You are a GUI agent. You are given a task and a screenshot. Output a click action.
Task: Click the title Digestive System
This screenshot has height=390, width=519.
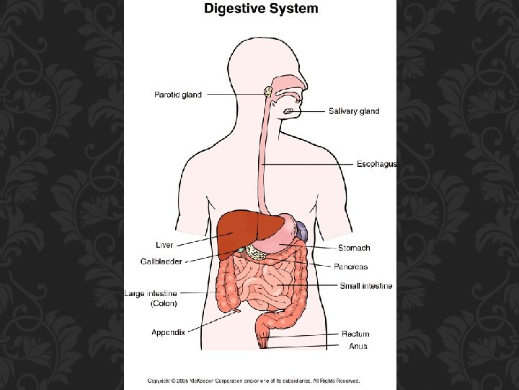click(260, 9)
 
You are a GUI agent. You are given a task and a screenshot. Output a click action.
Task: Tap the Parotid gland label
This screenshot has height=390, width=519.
click(178, 95)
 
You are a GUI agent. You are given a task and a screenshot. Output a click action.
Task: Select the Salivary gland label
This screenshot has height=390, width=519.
click(353, 111)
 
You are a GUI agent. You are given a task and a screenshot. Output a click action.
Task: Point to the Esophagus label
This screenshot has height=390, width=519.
click(376, 165)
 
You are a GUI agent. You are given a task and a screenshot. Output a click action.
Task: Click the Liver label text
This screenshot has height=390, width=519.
click(164, 245)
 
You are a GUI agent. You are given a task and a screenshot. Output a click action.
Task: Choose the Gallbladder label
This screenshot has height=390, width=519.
click(161, 261)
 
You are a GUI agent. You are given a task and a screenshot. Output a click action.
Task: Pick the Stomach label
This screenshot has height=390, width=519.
click(355, 248)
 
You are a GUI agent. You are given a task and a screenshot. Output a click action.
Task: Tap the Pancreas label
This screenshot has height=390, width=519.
click(350, 266)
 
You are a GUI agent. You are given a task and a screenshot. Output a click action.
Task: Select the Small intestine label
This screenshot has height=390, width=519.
click(366, 286)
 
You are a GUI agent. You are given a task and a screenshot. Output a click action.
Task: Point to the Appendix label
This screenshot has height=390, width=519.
click(168, 332)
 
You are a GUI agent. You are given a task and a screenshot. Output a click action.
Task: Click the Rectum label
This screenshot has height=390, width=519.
click(355, 334)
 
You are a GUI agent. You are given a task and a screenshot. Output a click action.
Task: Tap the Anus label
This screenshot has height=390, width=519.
click(358, 346)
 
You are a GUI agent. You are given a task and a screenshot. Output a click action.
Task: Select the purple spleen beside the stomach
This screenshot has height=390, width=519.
click(303, 232)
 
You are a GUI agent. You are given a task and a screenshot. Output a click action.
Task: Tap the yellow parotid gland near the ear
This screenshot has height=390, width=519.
click(266, 92)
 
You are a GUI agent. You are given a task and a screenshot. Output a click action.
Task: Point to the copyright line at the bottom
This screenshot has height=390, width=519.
click(254, 381)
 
